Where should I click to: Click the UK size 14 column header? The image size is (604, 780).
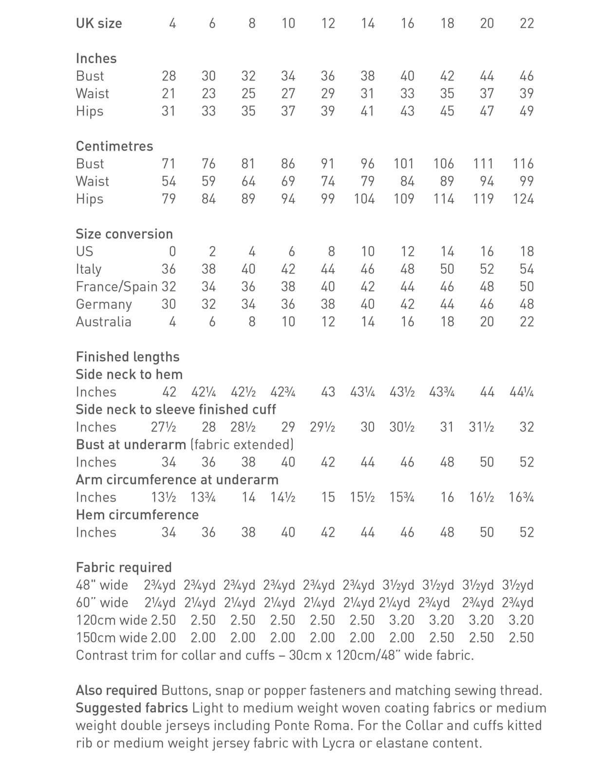coord(368,23)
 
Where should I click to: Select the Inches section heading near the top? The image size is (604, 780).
coord(96,58)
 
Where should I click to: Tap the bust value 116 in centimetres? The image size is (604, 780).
coord(523,164)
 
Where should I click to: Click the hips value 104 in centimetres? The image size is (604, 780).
coord(364,199)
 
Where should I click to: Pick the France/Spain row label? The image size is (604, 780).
coord(117,287)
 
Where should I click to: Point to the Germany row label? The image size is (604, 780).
coord(104,304)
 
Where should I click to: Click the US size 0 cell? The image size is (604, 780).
coord(172,252)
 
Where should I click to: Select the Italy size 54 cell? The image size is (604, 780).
coord(527,269)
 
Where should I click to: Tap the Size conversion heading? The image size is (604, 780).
coord(124,234)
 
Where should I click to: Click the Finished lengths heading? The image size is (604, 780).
coord(128,357)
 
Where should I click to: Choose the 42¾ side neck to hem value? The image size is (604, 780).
coord(283,392)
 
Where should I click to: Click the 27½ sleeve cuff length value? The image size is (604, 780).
coord(164,427)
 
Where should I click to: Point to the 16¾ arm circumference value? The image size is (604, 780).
coord(521,497)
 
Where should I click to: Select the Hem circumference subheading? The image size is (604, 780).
coord(137,515)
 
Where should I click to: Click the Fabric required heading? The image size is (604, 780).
coord(124,567)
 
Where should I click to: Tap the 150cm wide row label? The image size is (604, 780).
coord(112,638)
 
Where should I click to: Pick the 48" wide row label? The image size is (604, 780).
coord(102,585)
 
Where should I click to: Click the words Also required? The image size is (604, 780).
coord(116,690)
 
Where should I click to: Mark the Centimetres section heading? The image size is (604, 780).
coord(114,146)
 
